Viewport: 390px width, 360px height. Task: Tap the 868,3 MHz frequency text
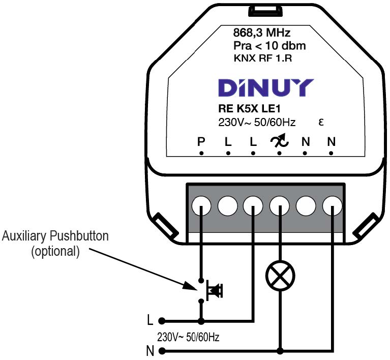(x=261, y=34)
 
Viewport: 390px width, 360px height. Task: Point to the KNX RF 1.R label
(x=262, y=58)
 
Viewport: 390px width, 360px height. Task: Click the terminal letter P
(x=201, y=142)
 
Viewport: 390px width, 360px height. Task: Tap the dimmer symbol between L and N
(x=280, y=142)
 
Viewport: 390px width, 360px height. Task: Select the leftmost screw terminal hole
(x=202, y=205)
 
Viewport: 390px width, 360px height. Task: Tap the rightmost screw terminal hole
(x=332, y=205)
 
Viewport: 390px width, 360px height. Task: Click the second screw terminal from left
(x=228, y=205)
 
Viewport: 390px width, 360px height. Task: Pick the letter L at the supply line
(x=149, y=321)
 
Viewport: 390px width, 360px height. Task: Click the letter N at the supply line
(x=149, y=350)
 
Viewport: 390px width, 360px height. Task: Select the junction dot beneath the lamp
(x=280, y=350)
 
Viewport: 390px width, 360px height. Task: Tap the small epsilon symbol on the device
(x=321, y=123)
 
